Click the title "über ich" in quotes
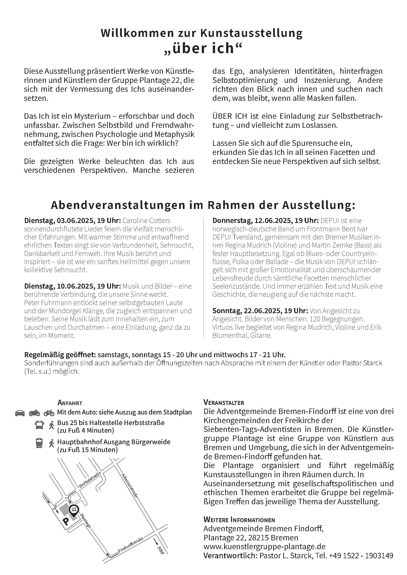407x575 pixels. click(x=203, y=48)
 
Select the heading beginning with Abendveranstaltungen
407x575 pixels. click(x=203, y=205)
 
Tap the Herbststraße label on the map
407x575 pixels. click(x=90, y=479)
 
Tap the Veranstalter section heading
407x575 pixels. click(x=224, y=403)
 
